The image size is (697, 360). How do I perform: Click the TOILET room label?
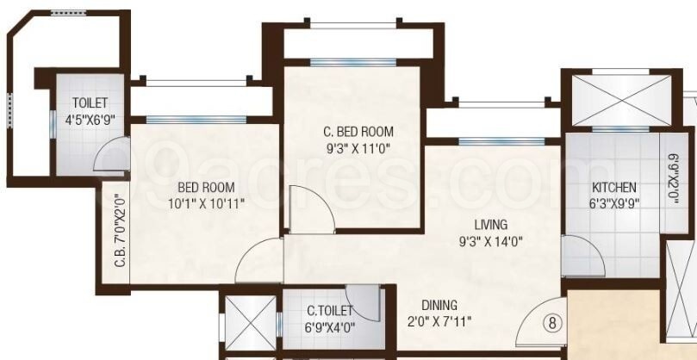pos(90,103)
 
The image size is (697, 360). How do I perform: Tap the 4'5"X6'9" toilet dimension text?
pos(90,120)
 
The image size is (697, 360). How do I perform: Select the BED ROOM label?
pos(206,187)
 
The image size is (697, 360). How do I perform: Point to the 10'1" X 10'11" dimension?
pos(206,204)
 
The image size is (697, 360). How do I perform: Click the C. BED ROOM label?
pos(358,132)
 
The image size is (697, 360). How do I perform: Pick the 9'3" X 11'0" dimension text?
pos(358,148)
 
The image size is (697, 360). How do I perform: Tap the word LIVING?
pos(490,225)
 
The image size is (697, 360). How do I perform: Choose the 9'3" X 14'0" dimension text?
pos(490,242)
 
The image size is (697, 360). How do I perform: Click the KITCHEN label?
pos(614,187)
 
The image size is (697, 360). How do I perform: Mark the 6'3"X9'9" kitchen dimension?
pos(614,204)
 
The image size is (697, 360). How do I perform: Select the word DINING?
pos(439,305)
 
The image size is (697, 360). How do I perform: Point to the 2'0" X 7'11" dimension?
pos(439,323)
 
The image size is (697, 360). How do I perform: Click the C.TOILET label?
pos(330,310)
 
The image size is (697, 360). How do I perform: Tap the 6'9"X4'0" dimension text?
pos(330,327)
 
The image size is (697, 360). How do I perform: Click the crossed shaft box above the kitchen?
pos(615,96)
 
